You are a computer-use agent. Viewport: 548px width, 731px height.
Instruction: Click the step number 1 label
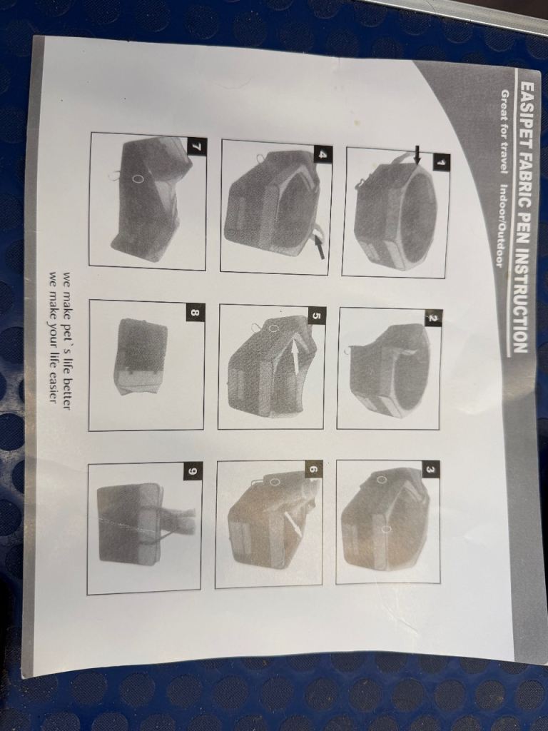pos(440,162)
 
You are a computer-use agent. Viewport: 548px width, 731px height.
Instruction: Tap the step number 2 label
pos(432,319)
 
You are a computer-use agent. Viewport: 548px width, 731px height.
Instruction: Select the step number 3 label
pos(431,470)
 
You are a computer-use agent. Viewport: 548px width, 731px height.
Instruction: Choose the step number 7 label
pos(196,146)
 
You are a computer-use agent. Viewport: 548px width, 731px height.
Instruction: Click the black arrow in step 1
pos(417,155)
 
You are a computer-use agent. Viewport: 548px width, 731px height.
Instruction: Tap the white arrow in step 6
pos(293,523)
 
